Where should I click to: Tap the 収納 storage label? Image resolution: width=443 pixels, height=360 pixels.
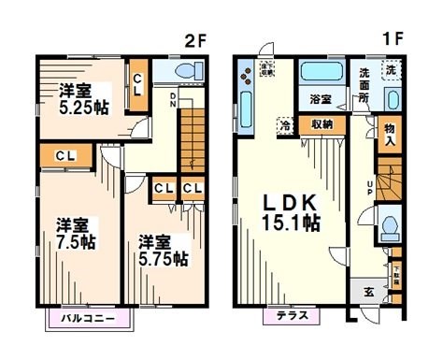[322, 123]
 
